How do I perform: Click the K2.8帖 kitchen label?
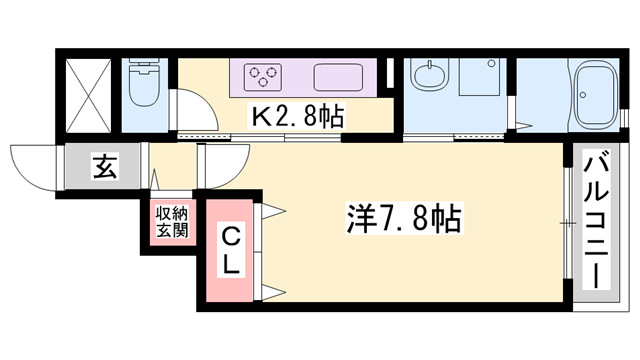(296, 116)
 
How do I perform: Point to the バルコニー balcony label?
(597, 220)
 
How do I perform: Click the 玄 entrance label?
(104, 166)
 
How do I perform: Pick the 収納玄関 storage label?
(171, 222)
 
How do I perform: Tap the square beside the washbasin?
(478, 77)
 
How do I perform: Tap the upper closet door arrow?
(272, 212)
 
